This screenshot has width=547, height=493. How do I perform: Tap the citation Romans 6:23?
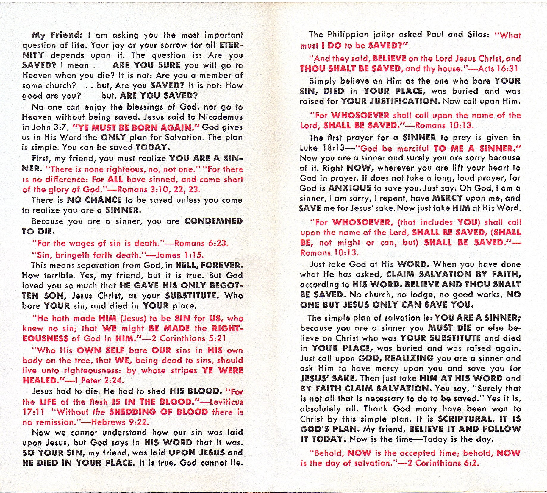(x=201, y=244)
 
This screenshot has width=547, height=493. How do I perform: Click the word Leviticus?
(x=226, y=402)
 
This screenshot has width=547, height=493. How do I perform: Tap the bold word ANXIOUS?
(x=350, y=188)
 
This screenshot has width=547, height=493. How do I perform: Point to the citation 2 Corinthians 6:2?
(x=443, y=463)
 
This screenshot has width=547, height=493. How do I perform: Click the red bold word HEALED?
(x=40, y=381)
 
